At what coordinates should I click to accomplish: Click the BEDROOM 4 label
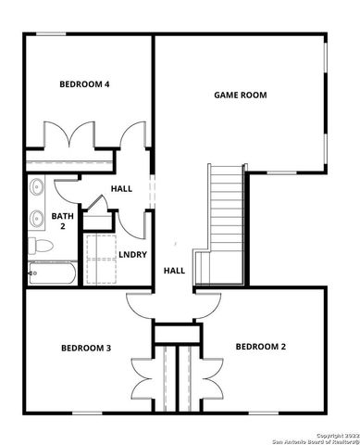85,84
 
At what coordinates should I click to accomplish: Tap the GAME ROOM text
240,95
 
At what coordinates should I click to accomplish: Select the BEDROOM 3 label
86,348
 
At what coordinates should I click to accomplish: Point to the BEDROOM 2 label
261,347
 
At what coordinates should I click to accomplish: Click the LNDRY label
132,254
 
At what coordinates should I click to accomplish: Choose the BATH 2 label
62,221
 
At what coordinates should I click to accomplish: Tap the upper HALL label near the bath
121,188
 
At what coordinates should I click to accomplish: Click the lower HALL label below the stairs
174,271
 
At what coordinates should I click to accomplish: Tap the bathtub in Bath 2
52,273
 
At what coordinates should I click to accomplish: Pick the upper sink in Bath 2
38,187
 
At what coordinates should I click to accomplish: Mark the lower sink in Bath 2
38,220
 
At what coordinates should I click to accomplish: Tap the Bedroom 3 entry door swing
139,305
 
